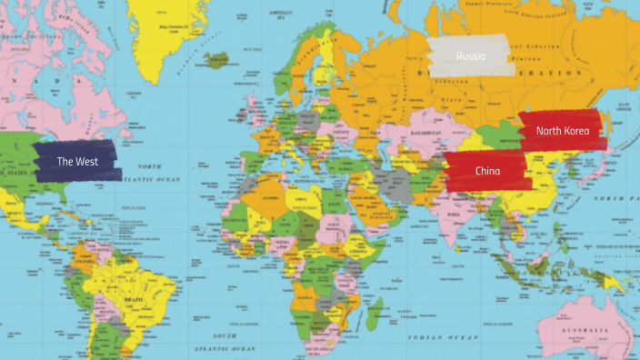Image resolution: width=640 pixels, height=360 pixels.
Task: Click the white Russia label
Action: click(471, 56)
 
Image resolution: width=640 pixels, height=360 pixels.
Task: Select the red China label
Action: click(487, 171)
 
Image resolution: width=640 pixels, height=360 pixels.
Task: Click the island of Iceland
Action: click(216, 62)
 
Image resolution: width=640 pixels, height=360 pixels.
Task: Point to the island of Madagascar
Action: click(373, 310)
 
